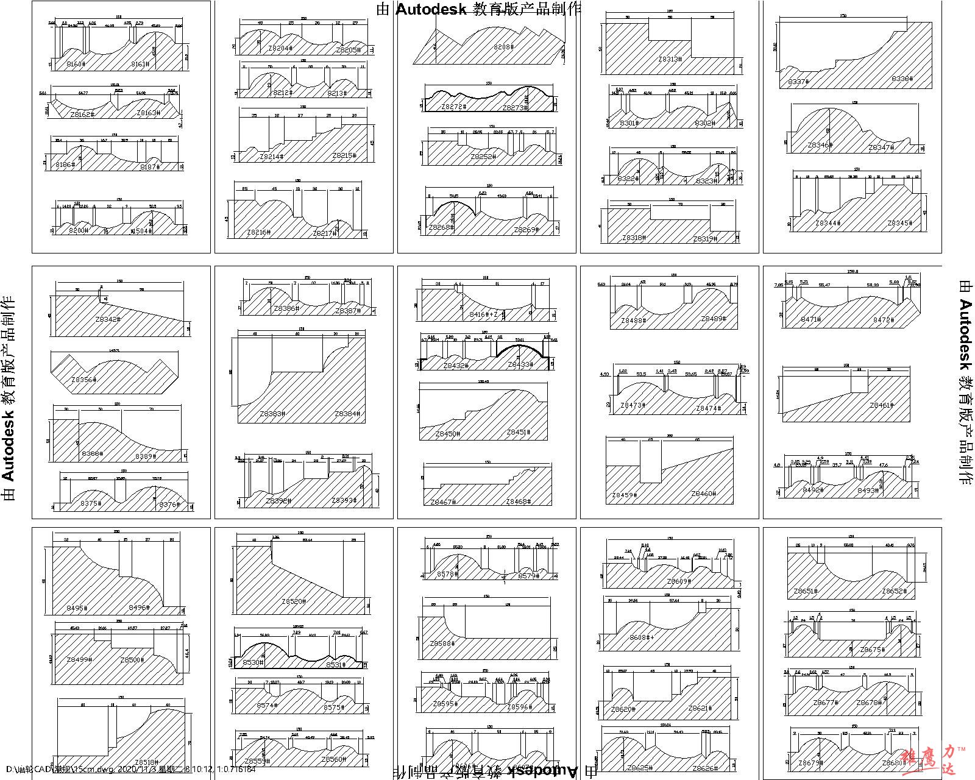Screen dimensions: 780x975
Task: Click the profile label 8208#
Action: click(x=503, y=46)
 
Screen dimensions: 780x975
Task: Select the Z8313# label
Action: click(x=670, y=59)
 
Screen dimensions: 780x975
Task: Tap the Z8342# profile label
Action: click(x=108, y=319)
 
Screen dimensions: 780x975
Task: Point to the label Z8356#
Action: click(x=83, y=380)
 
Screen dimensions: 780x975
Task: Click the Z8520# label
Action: click(x=293, y=601)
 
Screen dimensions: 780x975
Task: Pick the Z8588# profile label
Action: click(x=442, y=643)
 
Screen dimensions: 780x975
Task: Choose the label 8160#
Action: click(x=76, y=63)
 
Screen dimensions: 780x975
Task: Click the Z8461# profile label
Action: click(x=882, y=405)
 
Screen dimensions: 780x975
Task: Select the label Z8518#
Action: click(x=146, y=762)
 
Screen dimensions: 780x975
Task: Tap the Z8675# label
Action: click(x=872, y=650)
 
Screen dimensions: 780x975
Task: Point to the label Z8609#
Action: click(x=679, y=581)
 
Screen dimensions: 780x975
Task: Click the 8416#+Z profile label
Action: click(x=487, y=314)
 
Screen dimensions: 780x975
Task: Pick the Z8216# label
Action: click(x=259, y=233)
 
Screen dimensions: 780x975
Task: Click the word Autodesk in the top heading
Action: click(x=431, y=9)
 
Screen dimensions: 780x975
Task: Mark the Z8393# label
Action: click(x=344, y=500)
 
